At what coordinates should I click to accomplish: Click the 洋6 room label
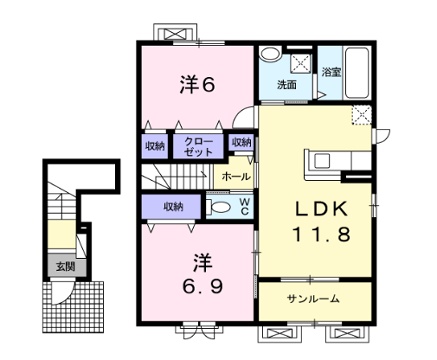coord(197,85)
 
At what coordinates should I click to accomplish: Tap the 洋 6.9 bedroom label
coord(202,274)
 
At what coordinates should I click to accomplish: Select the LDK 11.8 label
coord(322,222)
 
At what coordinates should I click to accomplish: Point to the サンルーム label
coord(313,299)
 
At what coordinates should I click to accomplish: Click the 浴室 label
coord(331,72)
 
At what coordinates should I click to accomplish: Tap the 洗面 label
coord(287,85)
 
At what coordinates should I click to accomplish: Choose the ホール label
coord(236,176)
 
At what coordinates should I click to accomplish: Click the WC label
coord(244,206)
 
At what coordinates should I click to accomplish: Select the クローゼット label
coord(199,147)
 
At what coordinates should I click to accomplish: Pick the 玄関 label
coord(65,266)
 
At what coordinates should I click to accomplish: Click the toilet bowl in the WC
coord(218,207)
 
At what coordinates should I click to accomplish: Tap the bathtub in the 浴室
coord(357,73)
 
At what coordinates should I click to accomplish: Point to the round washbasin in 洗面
coord(270,54)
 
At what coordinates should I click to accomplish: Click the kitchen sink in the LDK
coord(321,161)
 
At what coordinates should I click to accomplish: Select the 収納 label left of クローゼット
coord(155,146)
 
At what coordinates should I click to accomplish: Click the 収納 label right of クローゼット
coord(241,142)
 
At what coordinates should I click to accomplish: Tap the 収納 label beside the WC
coord(173,207)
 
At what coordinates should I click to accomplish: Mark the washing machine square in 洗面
coord(301,63)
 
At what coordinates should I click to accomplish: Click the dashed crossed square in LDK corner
coord(362,115)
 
